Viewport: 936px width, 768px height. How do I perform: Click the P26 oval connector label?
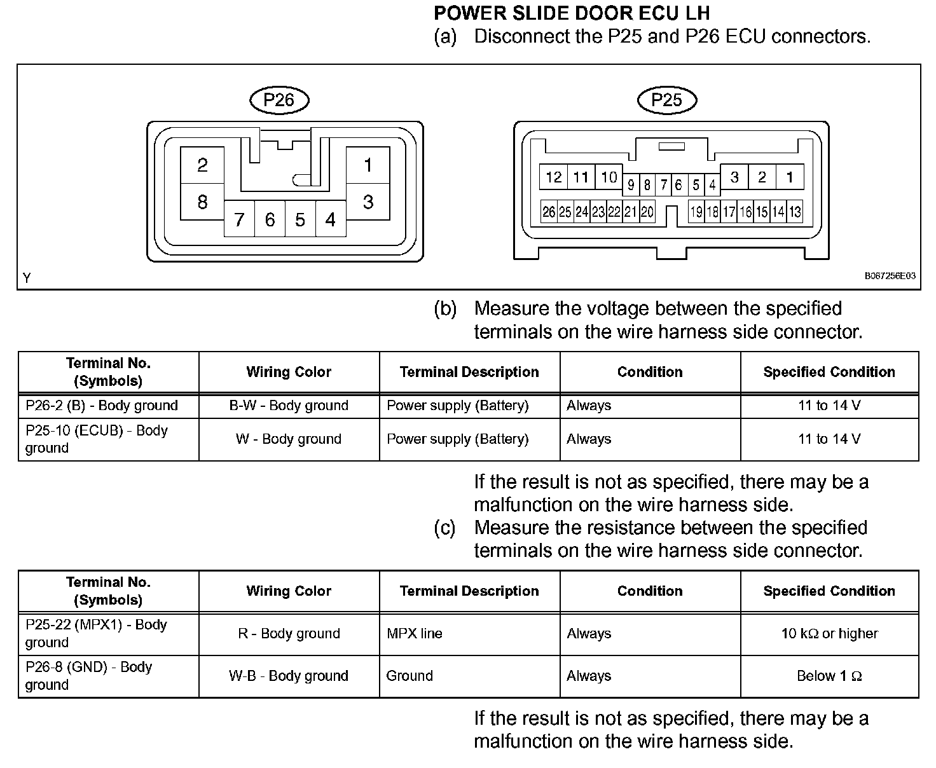pos(279,100)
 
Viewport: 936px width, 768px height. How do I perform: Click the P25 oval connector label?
pos(667,100)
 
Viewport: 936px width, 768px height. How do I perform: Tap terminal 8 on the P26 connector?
pos(202,202)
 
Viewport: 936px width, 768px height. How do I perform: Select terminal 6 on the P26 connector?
pos(270,219)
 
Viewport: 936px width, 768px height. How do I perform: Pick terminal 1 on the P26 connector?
pos(368,165)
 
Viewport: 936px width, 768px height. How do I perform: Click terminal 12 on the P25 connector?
pos(554,177)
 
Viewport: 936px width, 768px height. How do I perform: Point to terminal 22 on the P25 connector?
pos(614,212)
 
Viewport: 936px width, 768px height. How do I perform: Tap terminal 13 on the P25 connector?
pos(795,212)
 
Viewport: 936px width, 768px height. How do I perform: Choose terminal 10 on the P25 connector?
pos(609,177)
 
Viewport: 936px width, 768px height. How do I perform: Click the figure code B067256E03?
pos(890,277)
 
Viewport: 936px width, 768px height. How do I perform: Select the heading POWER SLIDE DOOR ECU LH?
pos(572,13)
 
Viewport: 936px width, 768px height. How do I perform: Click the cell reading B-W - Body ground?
pos(289,406)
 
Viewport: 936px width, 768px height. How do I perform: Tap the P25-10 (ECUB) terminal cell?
pos(97,439)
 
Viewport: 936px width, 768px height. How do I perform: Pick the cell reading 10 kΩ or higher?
pos(829,634)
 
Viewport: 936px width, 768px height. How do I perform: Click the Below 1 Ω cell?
pos(829,676)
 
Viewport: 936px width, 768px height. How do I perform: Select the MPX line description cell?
pos(415,634)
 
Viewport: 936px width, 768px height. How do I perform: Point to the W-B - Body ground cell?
pos(289,676)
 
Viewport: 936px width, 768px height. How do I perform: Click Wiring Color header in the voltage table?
pos(289,372)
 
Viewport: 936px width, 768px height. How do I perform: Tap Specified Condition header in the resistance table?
pos(829,591)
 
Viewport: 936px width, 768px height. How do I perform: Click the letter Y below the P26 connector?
pos(27,278)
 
